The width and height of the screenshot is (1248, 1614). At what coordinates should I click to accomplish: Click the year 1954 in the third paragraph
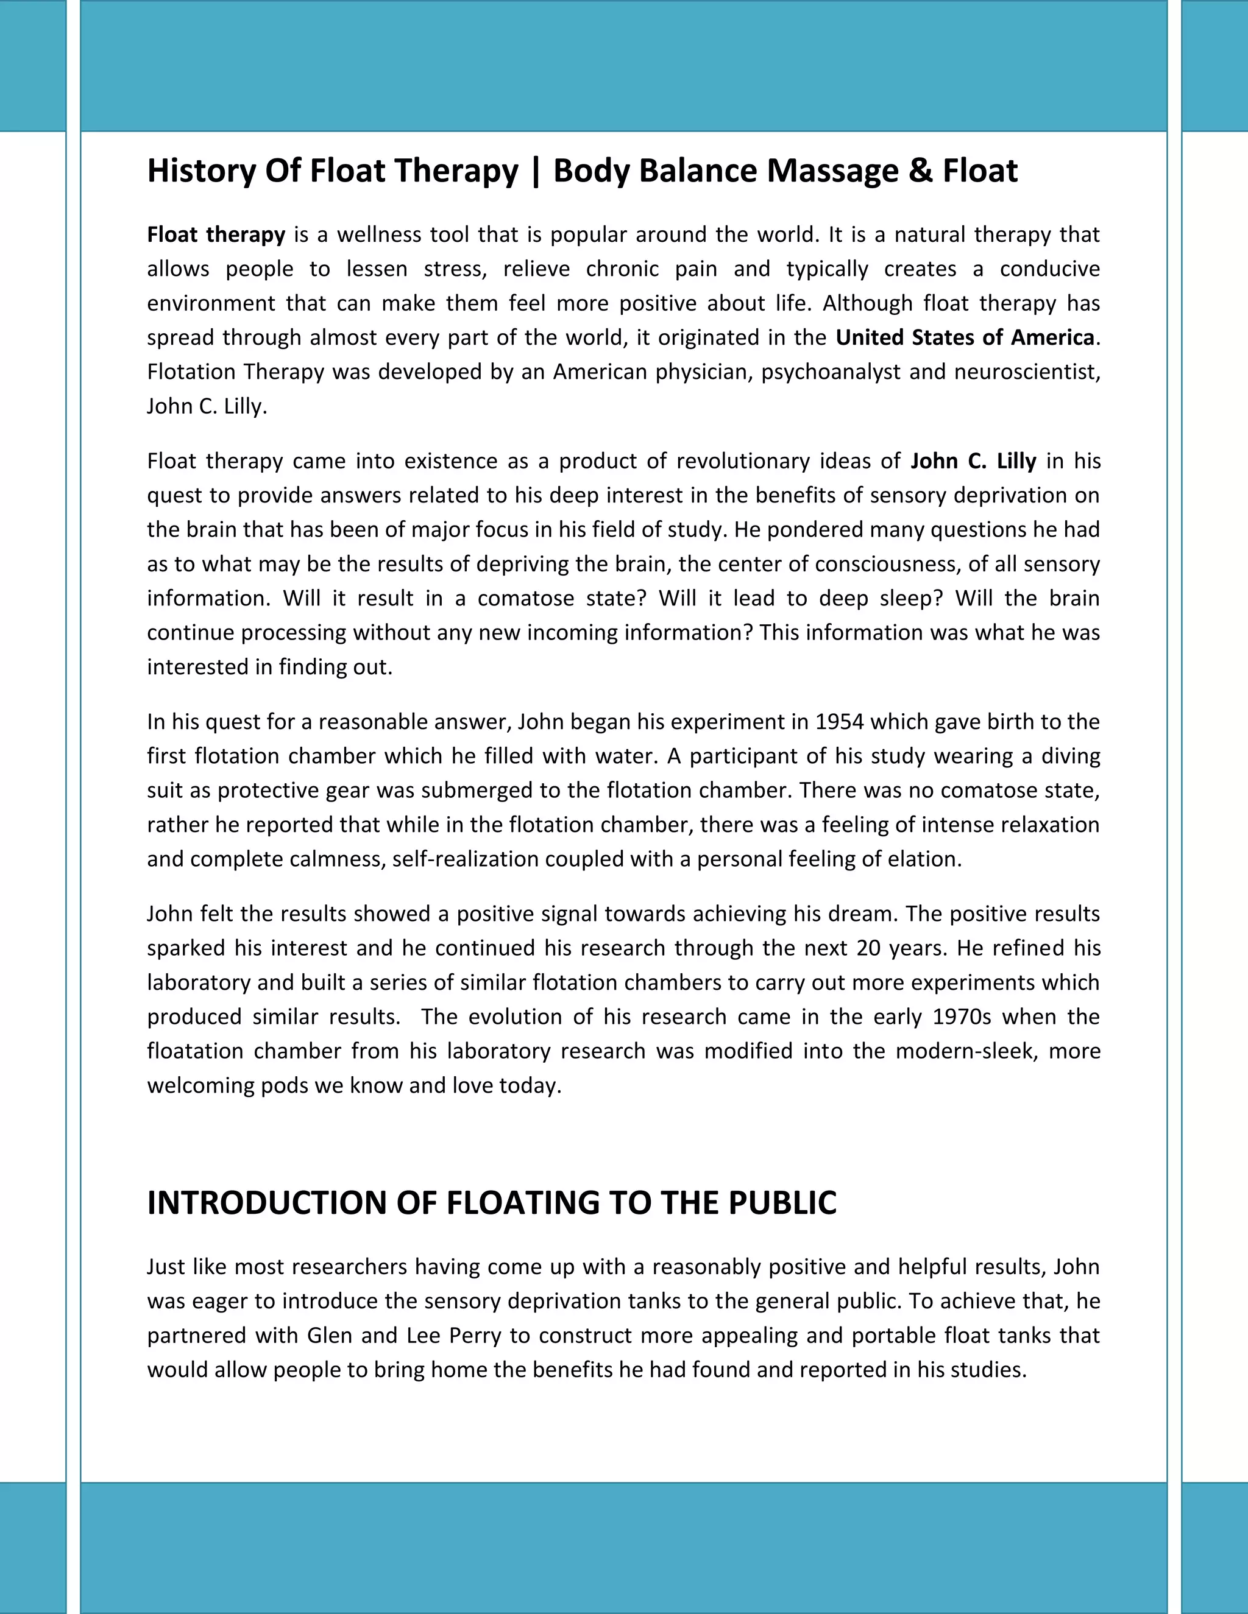(x=839, y=721)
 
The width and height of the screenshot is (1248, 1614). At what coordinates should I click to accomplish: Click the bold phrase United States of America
(x=964, y=338)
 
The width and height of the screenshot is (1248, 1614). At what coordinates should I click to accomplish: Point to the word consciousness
(x=887, y=564)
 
